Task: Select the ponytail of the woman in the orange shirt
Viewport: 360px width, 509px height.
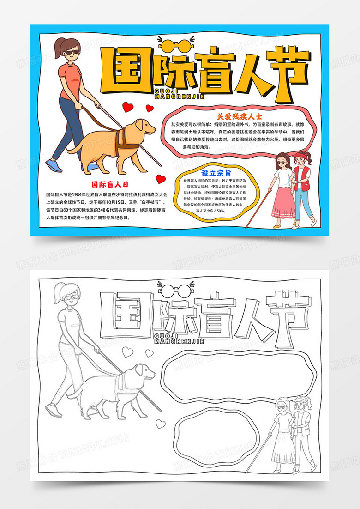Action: tap(59, 48)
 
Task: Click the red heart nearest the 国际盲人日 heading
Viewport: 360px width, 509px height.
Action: tap(160, 178)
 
